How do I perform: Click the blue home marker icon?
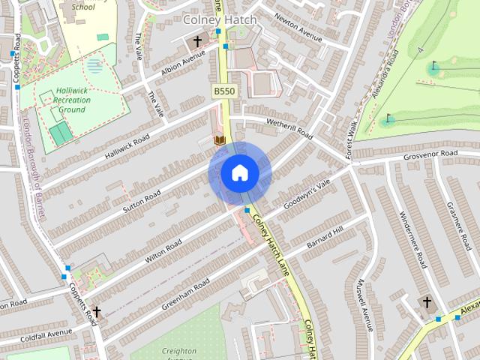239,173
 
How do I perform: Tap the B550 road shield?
223,91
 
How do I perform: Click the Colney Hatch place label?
219,19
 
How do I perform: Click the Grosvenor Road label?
430,154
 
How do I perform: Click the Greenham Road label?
187,294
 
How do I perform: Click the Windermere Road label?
413,233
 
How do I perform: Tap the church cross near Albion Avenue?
198,41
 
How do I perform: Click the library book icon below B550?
220,140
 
